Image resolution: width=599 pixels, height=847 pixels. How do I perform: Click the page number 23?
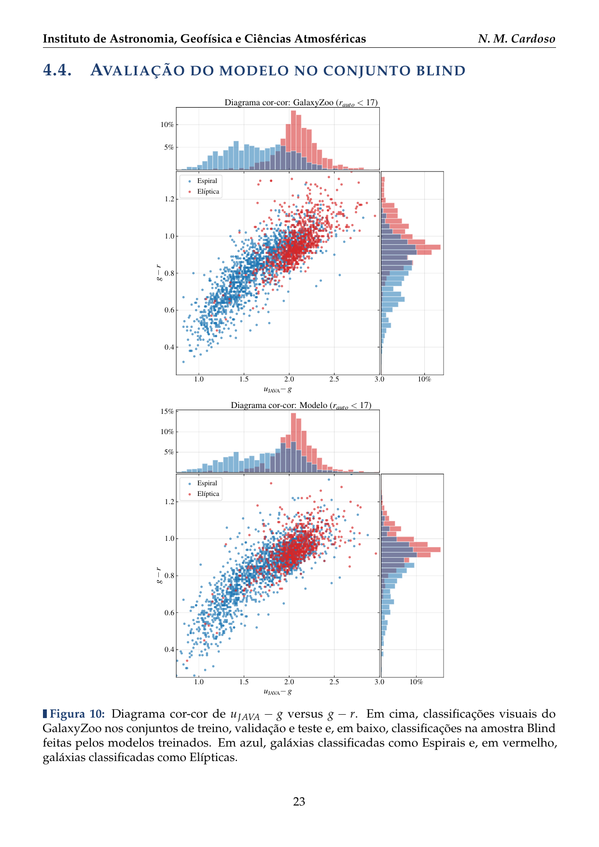(x=299, y=802)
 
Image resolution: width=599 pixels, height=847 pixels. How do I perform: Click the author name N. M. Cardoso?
(x=516, y=39)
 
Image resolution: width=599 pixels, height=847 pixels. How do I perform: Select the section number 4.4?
(x=57, y=71)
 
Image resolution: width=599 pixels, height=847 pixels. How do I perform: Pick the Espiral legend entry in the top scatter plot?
(x=207, y=181)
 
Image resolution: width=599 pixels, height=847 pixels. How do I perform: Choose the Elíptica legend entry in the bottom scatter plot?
(x=208, y=494)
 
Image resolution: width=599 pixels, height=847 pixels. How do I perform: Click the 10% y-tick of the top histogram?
(x=167, y=125)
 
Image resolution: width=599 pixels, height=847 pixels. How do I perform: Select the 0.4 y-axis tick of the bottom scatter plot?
(x=169, y=649)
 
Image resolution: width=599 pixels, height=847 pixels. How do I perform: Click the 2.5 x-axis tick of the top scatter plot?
(x=334, y=379)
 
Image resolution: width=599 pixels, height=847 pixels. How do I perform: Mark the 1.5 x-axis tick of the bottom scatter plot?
(x=244, y=682)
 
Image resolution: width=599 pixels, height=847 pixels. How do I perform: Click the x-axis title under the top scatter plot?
(x=278, y=389)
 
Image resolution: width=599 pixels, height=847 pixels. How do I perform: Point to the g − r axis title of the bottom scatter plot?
(x=159, y=576)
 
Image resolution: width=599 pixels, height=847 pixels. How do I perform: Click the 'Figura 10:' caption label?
(x=77, y=714)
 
